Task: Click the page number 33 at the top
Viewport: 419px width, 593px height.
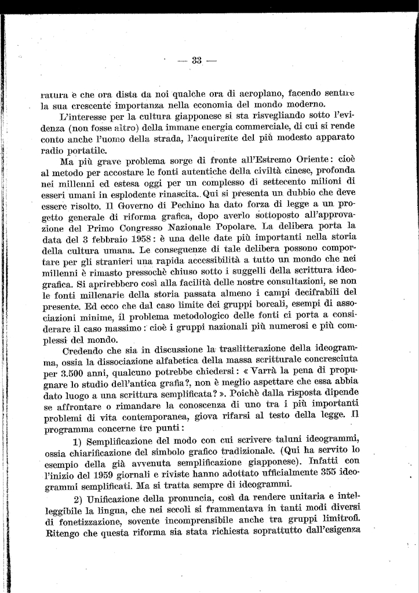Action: (196, 60)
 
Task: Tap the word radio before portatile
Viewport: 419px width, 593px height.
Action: (54, 148)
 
